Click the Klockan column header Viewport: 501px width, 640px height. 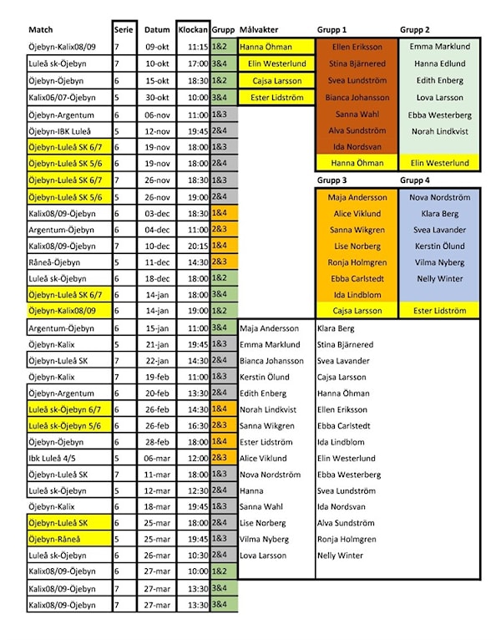tap(193, 29)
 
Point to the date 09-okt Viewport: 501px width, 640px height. tap(157, 48)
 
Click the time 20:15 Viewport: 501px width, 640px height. tap(197, 246)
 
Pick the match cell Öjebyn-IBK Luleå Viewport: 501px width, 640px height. tap(59, 130)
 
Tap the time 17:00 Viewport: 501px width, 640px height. tap(197, 64)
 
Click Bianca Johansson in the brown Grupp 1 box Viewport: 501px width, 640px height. tap(358, 98)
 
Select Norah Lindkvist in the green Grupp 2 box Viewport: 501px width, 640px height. tap(441, 131)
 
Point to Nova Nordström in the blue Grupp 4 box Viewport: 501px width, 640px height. tap(441, 197)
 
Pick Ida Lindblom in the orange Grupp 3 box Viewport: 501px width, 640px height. tap(358, 295)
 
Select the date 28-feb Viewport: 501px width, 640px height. tap(157, 441)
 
